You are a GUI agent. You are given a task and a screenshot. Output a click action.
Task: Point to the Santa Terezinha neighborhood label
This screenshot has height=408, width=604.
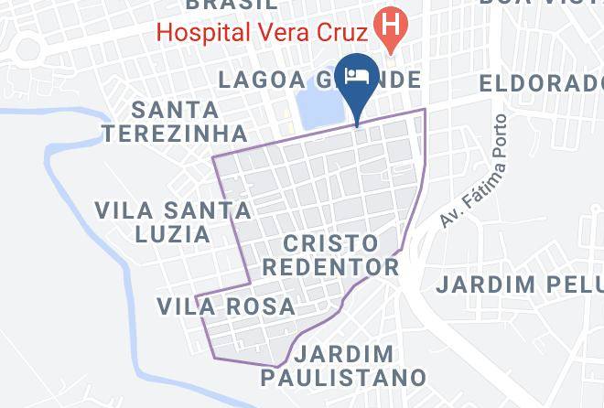coord(175,121)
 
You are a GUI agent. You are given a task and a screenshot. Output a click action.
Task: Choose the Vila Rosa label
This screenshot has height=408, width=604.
coord(225,306)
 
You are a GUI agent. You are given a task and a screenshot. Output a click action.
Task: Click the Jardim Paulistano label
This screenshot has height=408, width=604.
coord(344,365)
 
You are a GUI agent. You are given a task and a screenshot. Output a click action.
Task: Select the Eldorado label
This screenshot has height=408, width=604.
coord(541,83)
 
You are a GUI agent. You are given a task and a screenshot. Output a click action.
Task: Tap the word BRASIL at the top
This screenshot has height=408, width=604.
coord(232,5)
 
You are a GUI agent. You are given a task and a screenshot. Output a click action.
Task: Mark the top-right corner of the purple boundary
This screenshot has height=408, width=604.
coord(426,110)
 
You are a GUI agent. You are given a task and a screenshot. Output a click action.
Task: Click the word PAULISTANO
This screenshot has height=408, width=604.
coord(344,377)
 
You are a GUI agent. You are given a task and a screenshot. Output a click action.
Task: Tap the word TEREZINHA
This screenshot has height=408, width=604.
coord(175,133)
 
